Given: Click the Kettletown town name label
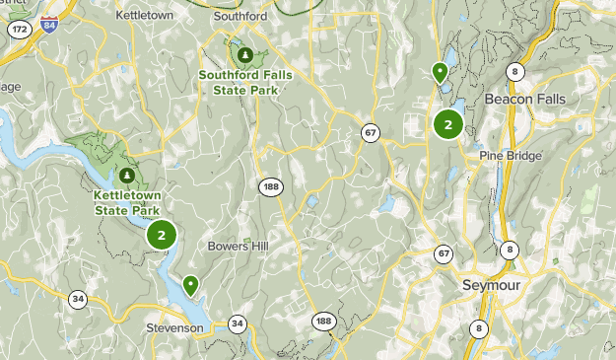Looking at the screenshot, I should click(x=145, y=17).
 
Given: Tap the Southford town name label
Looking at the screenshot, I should click(x=240, y=17).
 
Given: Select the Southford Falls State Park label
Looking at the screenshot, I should click(x=244, y=82).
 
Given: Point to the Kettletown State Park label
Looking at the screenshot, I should click(x=127, y=202).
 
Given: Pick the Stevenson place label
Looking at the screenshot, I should click(x=174, y=327).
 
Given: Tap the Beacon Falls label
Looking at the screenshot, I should click(x=522, y=100).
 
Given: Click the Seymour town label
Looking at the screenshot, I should click(x=490, y=284).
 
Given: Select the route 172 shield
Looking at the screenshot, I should click(x=19, y=30).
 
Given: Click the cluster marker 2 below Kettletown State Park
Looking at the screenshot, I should click(x=162, y=235).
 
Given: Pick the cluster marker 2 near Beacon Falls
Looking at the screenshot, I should click(x=447, y=124).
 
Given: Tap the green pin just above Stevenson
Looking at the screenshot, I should click(x=190, y=284).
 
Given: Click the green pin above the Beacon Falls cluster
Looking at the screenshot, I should click(x=440, y=71).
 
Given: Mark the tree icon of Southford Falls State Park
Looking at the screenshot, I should click(x=244, y=55).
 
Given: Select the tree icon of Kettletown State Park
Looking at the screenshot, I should click(x=127, y=176).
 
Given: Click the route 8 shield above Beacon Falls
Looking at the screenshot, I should click(x=514, y=71).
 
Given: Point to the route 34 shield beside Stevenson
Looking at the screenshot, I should click(x=237, y=323).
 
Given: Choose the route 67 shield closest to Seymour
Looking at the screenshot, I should click(x=444, y=255).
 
